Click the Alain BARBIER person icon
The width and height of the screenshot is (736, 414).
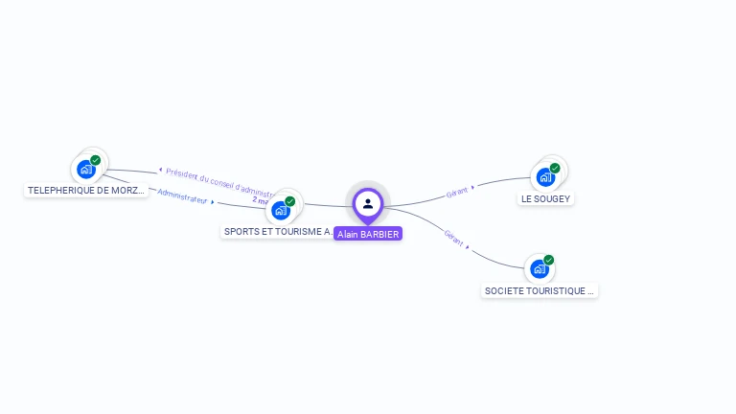[368, 203]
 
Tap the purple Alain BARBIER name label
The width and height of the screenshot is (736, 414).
[368, 234]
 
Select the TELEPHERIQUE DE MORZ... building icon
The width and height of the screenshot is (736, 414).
[86, 170]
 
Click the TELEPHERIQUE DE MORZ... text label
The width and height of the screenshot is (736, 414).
[86, 191]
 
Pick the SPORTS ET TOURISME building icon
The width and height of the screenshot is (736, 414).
[281, 210]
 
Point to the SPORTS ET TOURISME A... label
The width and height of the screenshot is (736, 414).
[278, 232]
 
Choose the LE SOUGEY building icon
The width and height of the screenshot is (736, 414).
[545, 176]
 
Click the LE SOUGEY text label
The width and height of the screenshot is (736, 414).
[545, 198]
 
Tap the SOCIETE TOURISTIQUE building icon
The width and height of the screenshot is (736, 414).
[540, 268]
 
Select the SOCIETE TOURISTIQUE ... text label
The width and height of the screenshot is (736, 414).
[540, 290]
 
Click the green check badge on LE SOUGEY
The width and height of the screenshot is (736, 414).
[555, 168]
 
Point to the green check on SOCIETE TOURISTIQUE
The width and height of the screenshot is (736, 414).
[549, 260]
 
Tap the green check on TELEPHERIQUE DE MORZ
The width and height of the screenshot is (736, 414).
[96, 160]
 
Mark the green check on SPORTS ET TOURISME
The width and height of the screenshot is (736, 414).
[290, 201]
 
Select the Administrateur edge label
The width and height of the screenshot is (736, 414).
[183, 195]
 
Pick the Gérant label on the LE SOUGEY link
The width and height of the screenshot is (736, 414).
[458, 192]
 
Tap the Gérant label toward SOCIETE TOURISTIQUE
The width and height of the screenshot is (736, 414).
[454, 239]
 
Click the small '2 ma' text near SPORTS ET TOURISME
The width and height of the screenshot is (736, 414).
[260, 201]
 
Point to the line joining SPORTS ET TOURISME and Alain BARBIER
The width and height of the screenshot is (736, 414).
[326, 205]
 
